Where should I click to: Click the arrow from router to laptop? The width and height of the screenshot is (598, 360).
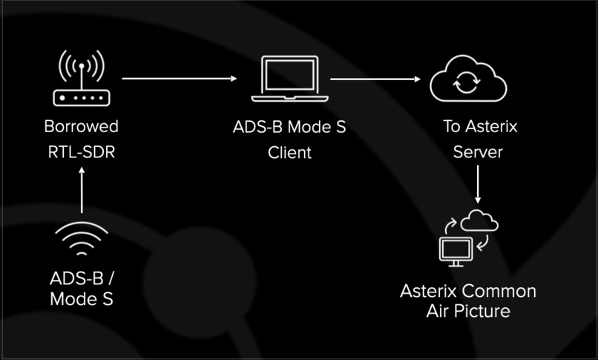(179, 78)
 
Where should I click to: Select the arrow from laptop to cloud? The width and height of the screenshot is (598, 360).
(375, 78)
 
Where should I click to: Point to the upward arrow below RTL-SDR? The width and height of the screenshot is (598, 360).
(82, 191)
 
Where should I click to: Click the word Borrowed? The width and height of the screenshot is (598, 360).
(81, 126)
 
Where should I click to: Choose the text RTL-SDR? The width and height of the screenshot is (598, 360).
(81, 153)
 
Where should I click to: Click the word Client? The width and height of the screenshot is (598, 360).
(289, 153)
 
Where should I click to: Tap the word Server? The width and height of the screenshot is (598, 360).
(478, 153)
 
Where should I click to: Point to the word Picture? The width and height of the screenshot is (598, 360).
(482, 311)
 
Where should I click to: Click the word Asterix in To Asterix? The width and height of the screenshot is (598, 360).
(491, 126)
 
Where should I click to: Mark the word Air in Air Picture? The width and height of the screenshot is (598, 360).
(436, 311)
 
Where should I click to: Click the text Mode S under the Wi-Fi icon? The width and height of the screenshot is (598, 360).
(82, 300)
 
